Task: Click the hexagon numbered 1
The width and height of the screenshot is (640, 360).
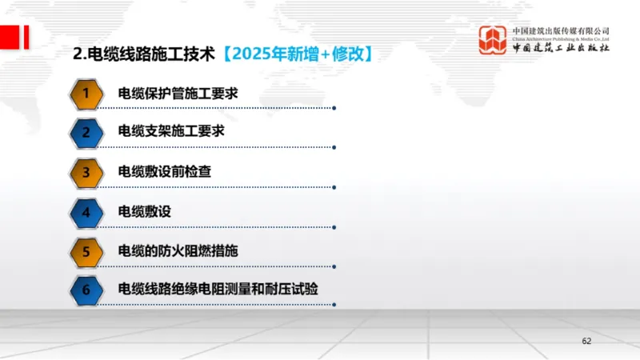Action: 86,94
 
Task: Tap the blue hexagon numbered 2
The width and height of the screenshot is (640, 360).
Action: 86,133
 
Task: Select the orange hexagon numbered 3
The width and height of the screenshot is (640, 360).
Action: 86,172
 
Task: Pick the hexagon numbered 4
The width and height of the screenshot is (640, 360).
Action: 86,211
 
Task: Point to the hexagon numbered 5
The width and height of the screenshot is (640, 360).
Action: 86,250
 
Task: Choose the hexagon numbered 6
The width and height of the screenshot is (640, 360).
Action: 86,290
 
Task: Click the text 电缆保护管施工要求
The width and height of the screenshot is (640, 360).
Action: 178,94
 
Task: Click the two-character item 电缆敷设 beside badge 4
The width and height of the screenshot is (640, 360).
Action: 144,211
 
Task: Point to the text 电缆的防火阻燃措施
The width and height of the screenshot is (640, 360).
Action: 178,250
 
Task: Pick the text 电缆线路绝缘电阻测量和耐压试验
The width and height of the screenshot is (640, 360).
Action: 218,290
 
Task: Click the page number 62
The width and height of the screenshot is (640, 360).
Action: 586,342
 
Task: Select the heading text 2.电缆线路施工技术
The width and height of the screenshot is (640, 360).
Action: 144,54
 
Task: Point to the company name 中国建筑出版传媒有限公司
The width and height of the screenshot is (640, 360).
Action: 561,30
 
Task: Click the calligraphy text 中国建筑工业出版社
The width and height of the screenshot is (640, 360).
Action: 561,49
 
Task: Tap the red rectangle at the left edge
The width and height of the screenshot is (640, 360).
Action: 6,37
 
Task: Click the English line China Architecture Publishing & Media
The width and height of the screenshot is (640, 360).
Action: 561,38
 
